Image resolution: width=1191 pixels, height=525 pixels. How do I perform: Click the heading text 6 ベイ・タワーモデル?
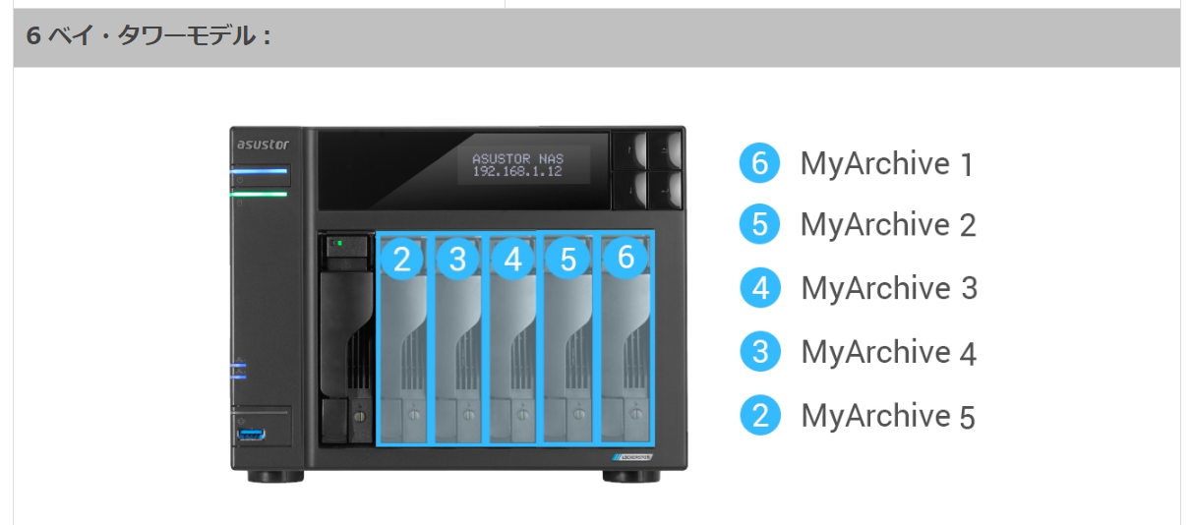point(148,37)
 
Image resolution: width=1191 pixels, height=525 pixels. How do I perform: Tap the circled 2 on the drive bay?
point(401,259)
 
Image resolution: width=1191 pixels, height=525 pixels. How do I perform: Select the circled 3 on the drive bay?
point(457,259)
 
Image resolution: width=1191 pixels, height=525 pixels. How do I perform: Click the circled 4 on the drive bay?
point(513,259)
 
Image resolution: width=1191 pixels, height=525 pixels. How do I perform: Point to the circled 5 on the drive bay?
point(568,259)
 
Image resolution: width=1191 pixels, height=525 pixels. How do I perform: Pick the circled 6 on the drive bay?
point(625,258)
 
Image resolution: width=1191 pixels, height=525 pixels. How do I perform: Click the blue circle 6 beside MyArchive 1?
point(759,162)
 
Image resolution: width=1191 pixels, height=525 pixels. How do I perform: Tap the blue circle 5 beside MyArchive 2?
point(759,224)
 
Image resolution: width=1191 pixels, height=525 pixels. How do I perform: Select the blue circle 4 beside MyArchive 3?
point(759,288)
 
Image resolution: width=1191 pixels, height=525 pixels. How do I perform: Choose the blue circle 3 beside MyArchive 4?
point(759,351)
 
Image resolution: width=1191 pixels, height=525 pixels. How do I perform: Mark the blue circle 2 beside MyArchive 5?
point(759,415)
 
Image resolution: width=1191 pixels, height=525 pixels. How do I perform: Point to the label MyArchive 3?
point(889,288)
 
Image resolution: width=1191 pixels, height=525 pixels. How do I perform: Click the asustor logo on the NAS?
point(260,145)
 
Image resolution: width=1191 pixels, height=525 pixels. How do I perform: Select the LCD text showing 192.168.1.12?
point(517,171)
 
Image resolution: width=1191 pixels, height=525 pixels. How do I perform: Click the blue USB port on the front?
point(252,435)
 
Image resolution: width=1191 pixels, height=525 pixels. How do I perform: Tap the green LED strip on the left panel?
point(261,195)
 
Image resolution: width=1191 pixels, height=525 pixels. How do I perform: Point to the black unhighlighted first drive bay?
point(345,339)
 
